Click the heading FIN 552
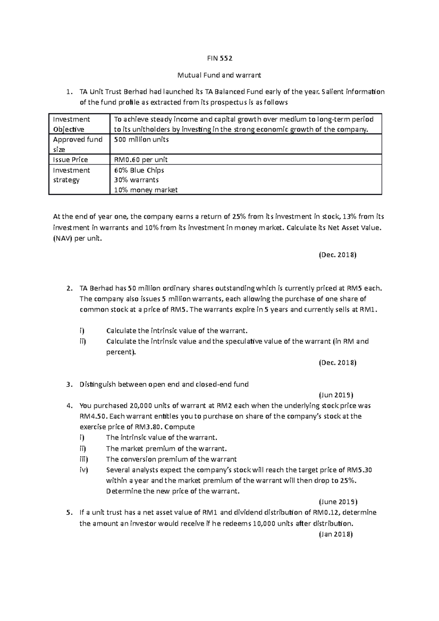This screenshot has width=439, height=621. click(x=219, y=59)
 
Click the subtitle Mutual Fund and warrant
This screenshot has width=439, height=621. click(x=219, y=75)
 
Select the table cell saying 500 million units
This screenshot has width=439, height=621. click(x=141, y=140)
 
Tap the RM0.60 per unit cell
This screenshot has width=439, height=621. click(x=141, y=159)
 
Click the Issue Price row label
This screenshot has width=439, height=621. click(x=71, y=159)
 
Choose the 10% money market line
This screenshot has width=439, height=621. click(x=146, y=190)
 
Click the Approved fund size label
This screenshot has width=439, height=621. click(x=78, y=144)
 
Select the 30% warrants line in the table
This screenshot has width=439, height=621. click(x=136, y=180)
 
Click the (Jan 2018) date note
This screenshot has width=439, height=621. click(x=335, y=534)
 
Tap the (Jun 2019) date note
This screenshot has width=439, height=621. click(x=336, y=395)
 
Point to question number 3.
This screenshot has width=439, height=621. click(x=69, y=384)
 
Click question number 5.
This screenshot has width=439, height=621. click(x=69, y=512)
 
